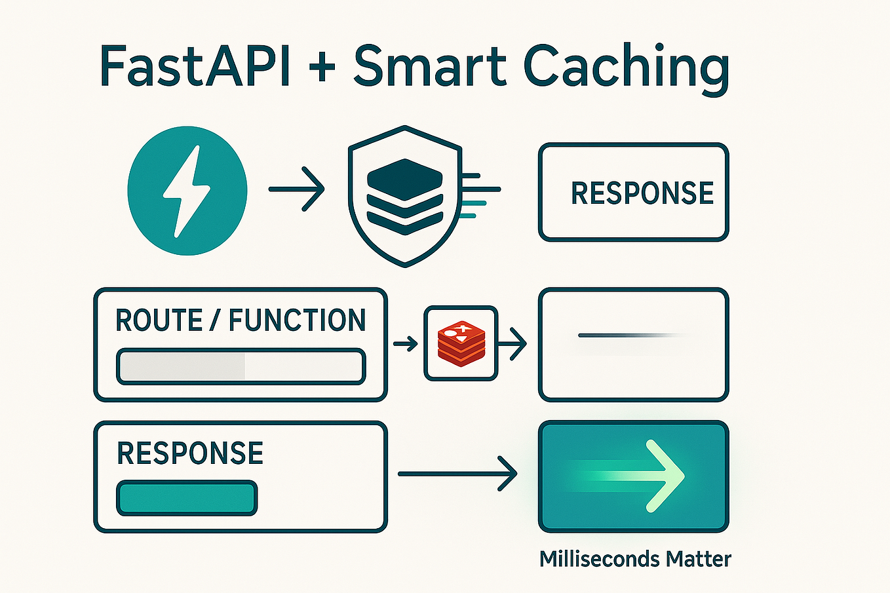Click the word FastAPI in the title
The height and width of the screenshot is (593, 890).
pos(195,67)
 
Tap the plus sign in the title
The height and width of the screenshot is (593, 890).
pos(321,67)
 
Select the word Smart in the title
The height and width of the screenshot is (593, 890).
pos(430,67)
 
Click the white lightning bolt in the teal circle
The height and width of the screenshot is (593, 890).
pos(187,191)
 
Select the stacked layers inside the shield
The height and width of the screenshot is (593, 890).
pos(404,196)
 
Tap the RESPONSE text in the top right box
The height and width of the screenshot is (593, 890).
pos(642,193)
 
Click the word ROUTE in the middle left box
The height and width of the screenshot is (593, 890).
pos(159,320)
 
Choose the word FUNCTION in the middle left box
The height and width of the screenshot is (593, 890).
pos(297,320)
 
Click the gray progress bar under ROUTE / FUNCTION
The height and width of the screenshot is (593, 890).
pos(241,366)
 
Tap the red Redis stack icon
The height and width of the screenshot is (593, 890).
pos(461,343)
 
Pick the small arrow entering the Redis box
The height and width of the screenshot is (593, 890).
pos(406,343)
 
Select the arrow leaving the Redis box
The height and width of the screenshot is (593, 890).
pos(513,343)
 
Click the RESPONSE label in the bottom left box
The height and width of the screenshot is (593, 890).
pos(190,453)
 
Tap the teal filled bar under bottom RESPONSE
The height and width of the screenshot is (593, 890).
pos(187,499)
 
